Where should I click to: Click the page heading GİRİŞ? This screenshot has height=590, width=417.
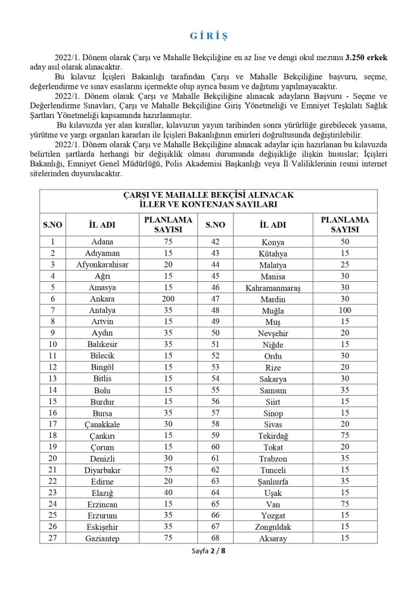208,36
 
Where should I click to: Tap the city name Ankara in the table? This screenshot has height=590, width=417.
103,299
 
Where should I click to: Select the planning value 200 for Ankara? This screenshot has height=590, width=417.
169,299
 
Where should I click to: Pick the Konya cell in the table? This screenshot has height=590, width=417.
273,243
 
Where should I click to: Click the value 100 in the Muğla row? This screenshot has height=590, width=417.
345,310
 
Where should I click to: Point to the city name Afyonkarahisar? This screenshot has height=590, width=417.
103,265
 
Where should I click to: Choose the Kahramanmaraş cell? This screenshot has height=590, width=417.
273,288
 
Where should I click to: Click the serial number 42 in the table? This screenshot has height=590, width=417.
215,243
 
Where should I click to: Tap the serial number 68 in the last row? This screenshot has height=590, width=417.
215,538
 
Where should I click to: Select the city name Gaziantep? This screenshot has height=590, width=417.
103,538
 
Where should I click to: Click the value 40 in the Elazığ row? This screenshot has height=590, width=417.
169,493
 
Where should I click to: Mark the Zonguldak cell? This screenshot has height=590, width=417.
273,527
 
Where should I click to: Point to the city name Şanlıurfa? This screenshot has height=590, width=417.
273,482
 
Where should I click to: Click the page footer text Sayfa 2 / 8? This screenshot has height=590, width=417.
208,551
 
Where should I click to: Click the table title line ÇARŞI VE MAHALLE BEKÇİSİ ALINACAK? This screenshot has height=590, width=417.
208,195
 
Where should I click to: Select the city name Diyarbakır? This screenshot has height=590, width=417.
103,470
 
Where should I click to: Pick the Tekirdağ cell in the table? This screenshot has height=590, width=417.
273,436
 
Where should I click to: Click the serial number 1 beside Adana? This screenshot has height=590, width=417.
52,242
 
